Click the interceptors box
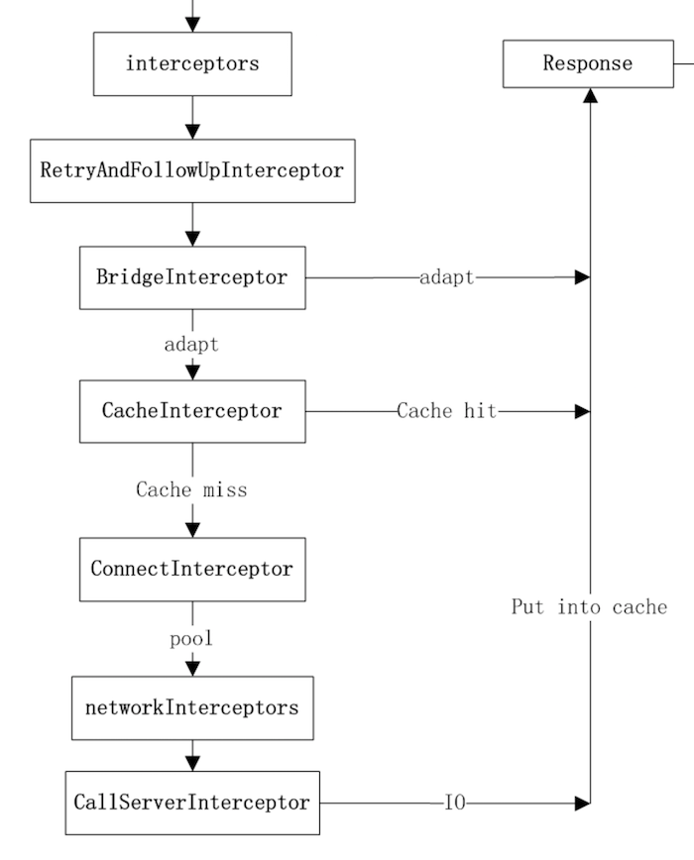tap(192, 63)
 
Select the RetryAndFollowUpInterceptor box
tap(192, 170)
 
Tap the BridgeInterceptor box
tap(192, 277)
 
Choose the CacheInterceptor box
tap(192, 411)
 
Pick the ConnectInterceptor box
tap(192, 570)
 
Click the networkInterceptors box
tap(192, 708)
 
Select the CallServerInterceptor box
tap(192, 803)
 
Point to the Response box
tap(587, 63)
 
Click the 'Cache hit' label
tap(446, 411)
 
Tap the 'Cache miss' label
tap(191, 489)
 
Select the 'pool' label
tap(191, 639)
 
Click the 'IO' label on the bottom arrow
tap(454, 803)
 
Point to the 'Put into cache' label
tap(589, 606)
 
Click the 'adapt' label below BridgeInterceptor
tap(191, 345)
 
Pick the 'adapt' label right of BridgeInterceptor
tap(446, 277)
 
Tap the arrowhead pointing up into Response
tap(590, 95)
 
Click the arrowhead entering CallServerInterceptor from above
tap(192, 763)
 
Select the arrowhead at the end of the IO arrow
tap(583, 803)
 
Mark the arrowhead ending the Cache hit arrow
tap(583, 411)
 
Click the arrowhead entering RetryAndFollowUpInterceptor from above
tap(192, 132)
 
